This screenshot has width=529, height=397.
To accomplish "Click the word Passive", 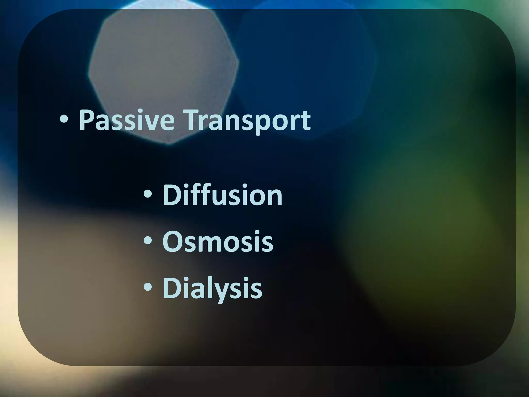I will click(126, 120).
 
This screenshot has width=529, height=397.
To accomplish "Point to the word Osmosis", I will click(218, 242).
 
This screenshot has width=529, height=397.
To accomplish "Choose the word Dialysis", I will click(212, 288).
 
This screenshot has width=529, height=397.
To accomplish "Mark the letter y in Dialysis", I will click(229, 291).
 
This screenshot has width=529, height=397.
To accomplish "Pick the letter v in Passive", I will click(152, 123).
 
